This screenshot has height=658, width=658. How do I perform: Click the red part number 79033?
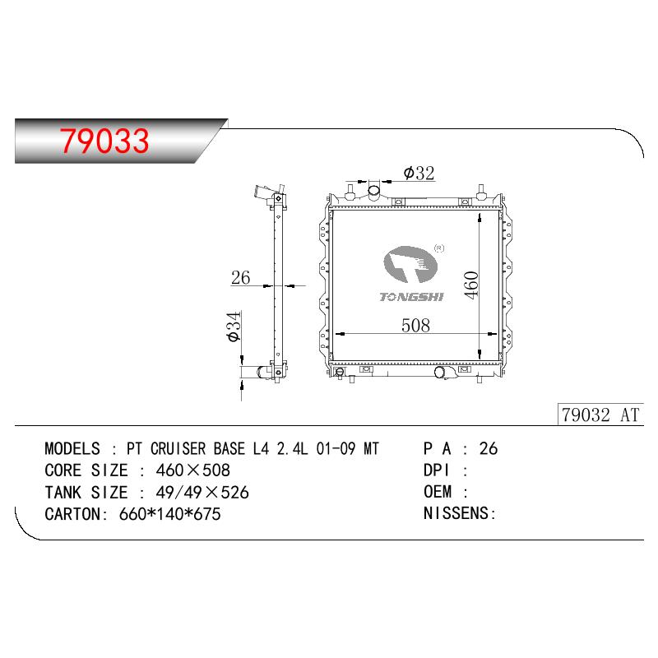(104, 141)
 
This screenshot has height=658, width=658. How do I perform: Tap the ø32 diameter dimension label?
(419, 173)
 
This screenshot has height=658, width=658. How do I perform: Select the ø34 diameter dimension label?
(234, 326)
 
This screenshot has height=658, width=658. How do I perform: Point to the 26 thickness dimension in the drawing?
(240, 277)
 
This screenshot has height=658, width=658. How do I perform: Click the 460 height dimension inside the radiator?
(471, 285)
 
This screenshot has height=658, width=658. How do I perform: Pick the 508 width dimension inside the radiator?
(415, 325)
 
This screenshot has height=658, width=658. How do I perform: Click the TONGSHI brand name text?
(411, 297)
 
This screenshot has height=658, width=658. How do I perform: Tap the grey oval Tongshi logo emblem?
(410, 265)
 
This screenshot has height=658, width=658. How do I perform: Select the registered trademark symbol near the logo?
(439, 248)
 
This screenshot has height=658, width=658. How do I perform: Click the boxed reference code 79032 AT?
(600, 415)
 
